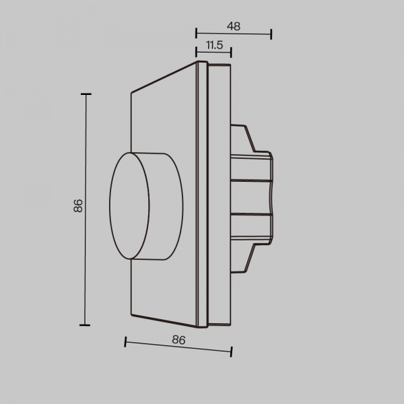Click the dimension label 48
pyautogui.click(x=234, y=27)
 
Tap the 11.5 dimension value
pyautogui.click(x=214, y=45)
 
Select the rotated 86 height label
pyautogui.click(x=78, y=206)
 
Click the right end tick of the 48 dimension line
pyautogui.click(x=271, y=34)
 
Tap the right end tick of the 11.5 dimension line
pyautogui.click(x=231, y=51)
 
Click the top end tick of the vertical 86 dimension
pyautogui.click(x=86, y=95)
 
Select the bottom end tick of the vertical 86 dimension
pyautogui.click(x=86, y=325)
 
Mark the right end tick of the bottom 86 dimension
pyautogui.click(x=232, y=351)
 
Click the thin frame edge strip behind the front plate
pyautogui.click(x=201, y=195)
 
